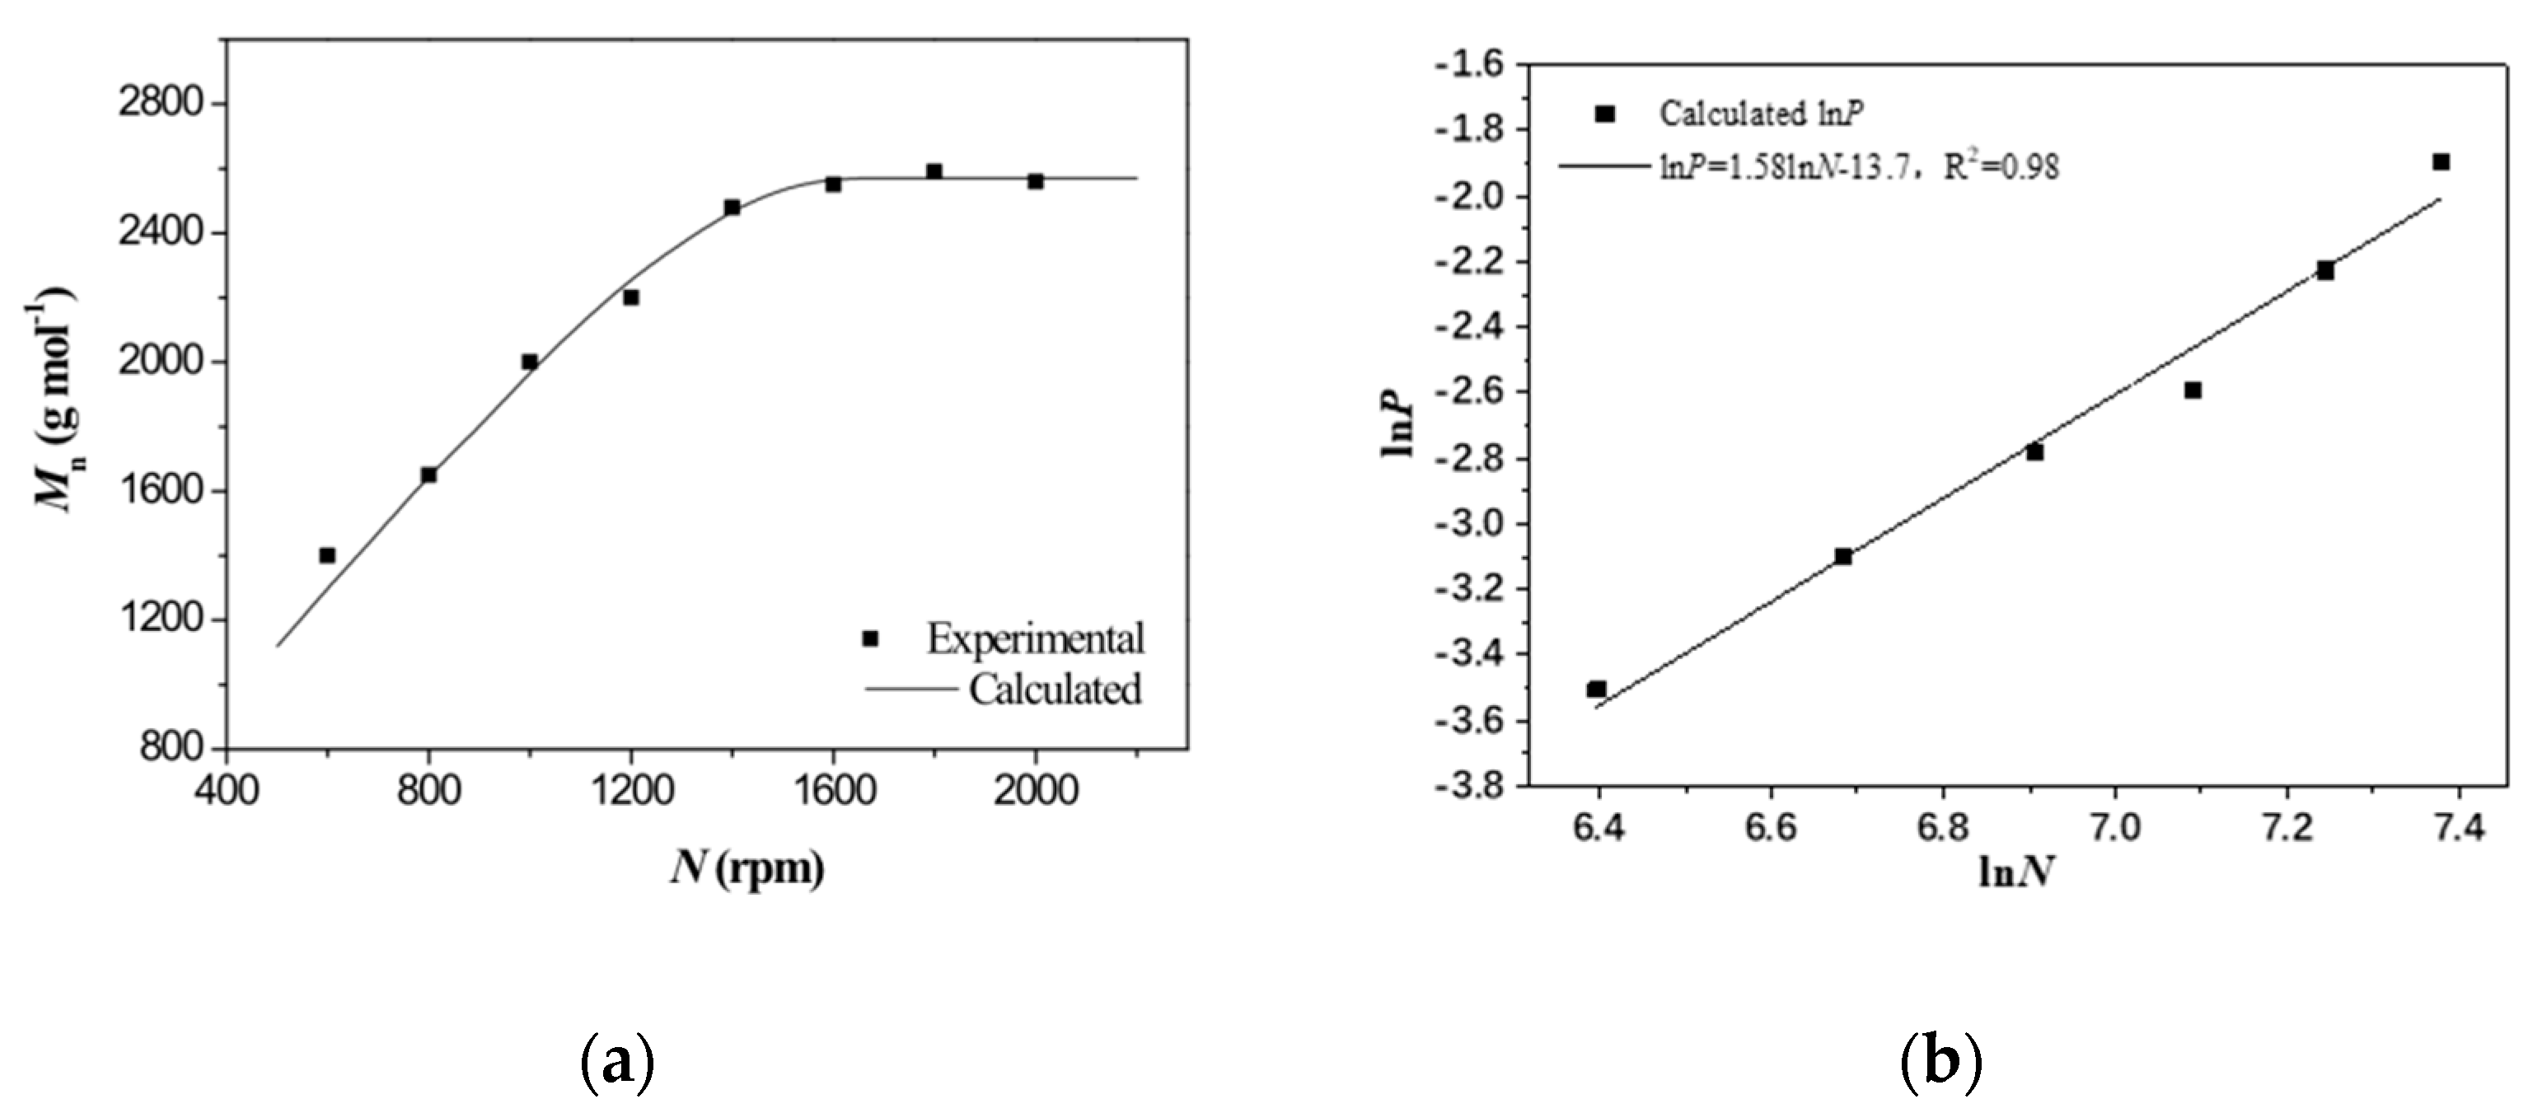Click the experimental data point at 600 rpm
(327, 555)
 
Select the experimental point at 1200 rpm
(631, 297)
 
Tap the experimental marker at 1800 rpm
(934, 171)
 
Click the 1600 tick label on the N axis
(833, 791)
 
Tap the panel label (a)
(617, 1063)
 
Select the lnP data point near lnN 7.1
(2193, 390)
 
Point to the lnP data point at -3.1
(1842, 557)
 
